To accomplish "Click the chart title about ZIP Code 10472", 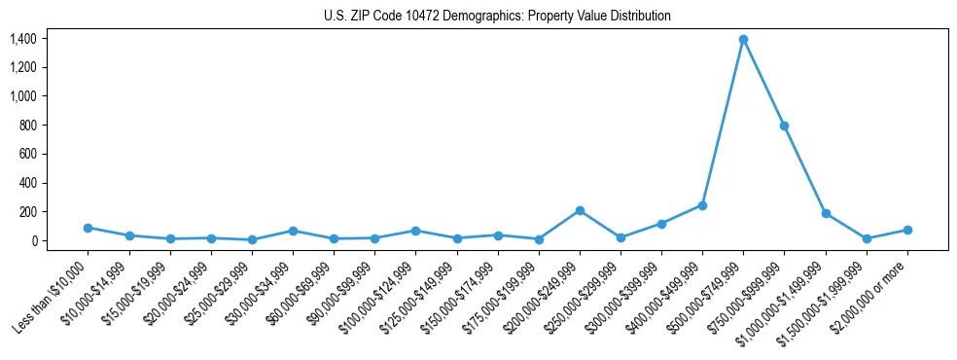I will [x=497, y=17].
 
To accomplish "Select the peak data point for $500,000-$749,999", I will [x=743, y=39].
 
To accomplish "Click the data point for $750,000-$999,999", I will [x=784, y=126].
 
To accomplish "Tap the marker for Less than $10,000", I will [x=88, y=228].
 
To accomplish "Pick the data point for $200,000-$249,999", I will [x=580, y=210].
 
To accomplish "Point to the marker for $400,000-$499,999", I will [x=702, y=205].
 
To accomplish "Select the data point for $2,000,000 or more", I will [x=907, y=230].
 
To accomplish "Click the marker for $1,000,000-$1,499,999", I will [x=826, y=213].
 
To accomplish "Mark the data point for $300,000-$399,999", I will [x=661, y=224].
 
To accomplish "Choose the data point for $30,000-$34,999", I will [x=293, y=231].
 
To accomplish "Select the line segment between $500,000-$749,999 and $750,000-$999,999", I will [x=763, y=83].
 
